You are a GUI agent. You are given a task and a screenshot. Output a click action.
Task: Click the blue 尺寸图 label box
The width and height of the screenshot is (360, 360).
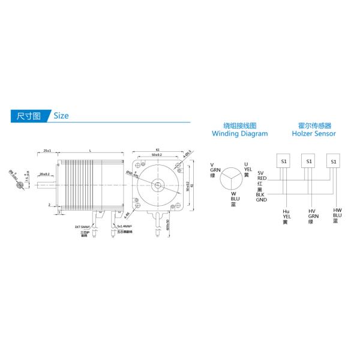click(x=28, y=115)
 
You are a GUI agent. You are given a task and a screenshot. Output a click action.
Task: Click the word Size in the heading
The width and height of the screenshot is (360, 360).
click(x=61, y=115)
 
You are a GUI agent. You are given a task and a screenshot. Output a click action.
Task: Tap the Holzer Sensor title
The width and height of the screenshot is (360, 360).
click(x=313, y=130)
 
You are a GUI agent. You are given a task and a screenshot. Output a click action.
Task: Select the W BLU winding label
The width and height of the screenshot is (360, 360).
click(x=235, y=199)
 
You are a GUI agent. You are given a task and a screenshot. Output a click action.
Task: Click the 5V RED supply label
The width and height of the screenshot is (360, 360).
click(x=262, y=176)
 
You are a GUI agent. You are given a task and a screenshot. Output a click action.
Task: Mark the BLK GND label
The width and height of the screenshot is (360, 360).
click(x=261, y=197)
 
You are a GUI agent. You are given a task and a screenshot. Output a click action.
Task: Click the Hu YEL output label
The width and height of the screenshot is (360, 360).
click(x=286, y=217)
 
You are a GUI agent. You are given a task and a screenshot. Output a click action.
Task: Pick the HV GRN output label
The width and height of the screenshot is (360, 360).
click(x=311, y=217)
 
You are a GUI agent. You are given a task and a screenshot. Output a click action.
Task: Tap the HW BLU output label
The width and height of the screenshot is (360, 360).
click(x=337, y=215)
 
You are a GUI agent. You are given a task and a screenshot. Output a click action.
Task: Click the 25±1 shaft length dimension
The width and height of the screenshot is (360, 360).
click(x=47, y=150)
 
